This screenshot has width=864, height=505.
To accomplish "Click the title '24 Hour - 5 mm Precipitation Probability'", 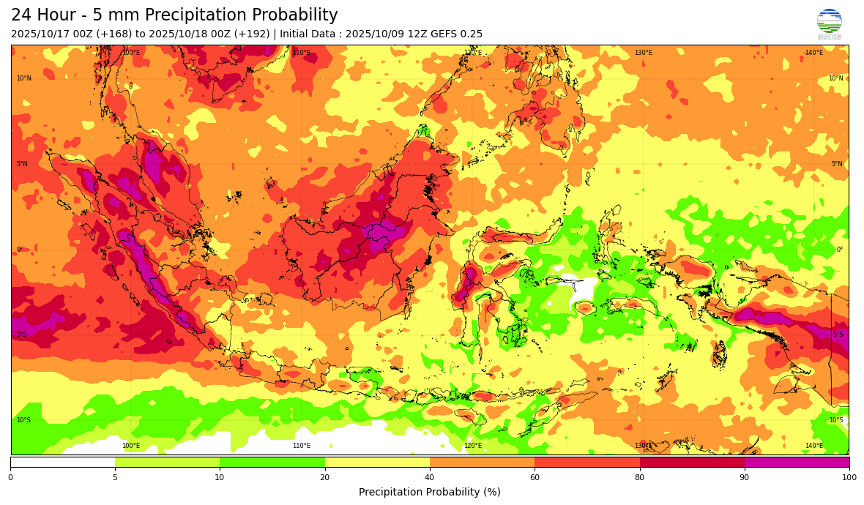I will [174, 15].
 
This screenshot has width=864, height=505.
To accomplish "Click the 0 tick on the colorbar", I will [10, 478].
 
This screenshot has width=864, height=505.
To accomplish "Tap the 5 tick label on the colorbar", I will [115, 478].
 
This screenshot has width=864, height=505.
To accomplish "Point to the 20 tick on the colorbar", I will [324, 478].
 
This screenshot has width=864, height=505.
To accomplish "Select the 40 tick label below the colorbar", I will [430, 478].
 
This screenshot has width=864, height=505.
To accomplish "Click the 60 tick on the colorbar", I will [535, 478].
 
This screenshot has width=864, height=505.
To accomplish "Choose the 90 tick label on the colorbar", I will [745, 478].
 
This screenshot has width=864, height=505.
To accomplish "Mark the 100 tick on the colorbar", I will [849, 478].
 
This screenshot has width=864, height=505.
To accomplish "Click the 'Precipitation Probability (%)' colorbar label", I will [430, 493].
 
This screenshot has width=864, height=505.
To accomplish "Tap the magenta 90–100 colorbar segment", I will [797, 462].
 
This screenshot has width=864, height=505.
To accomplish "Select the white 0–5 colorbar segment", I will [63, 462].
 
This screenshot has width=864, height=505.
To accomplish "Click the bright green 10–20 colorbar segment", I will [272, 462].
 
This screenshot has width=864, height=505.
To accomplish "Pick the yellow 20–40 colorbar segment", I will [377, 462].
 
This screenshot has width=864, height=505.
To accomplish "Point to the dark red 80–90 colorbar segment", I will [692, 462].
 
